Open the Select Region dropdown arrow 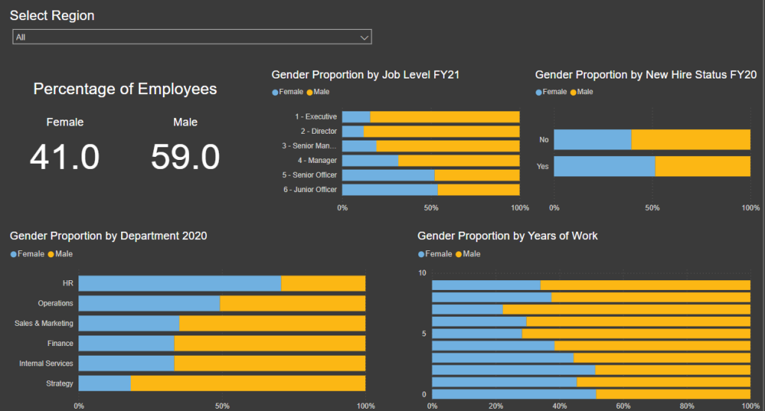(x=365, y=37)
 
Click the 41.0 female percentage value (x=65, y=157)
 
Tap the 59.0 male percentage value (x=185, y=157)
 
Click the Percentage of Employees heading (x=125, y=89)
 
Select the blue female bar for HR (x=179, y=283)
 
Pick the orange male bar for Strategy (x=248, y=383)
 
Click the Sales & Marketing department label (x=44, y=324)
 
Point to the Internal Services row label (x=46, y=363)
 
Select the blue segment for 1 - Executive (x=356, y=117)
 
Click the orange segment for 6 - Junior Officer (x=478, y=189)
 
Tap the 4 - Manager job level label (x=318, y=160)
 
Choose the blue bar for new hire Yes (x=604, y=166)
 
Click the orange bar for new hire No (x=690, y=140)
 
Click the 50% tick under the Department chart (x=222, y=406)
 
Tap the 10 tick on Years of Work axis (x=422, y=273)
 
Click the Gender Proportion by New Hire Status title (x=646, y=75)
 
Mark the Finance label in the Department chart (x=61, y=343)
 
